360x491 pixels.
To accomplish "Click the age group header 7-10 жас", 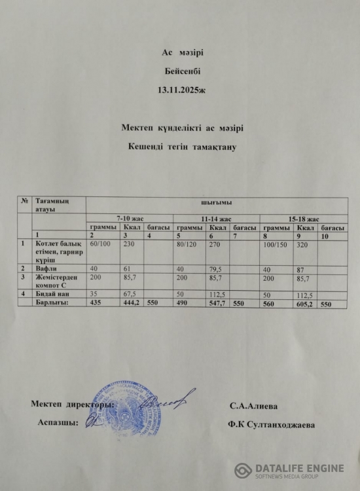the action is click(x=129, y=218).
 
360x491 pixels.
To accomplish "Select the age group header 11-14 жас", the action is click(x=216, y=218).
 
